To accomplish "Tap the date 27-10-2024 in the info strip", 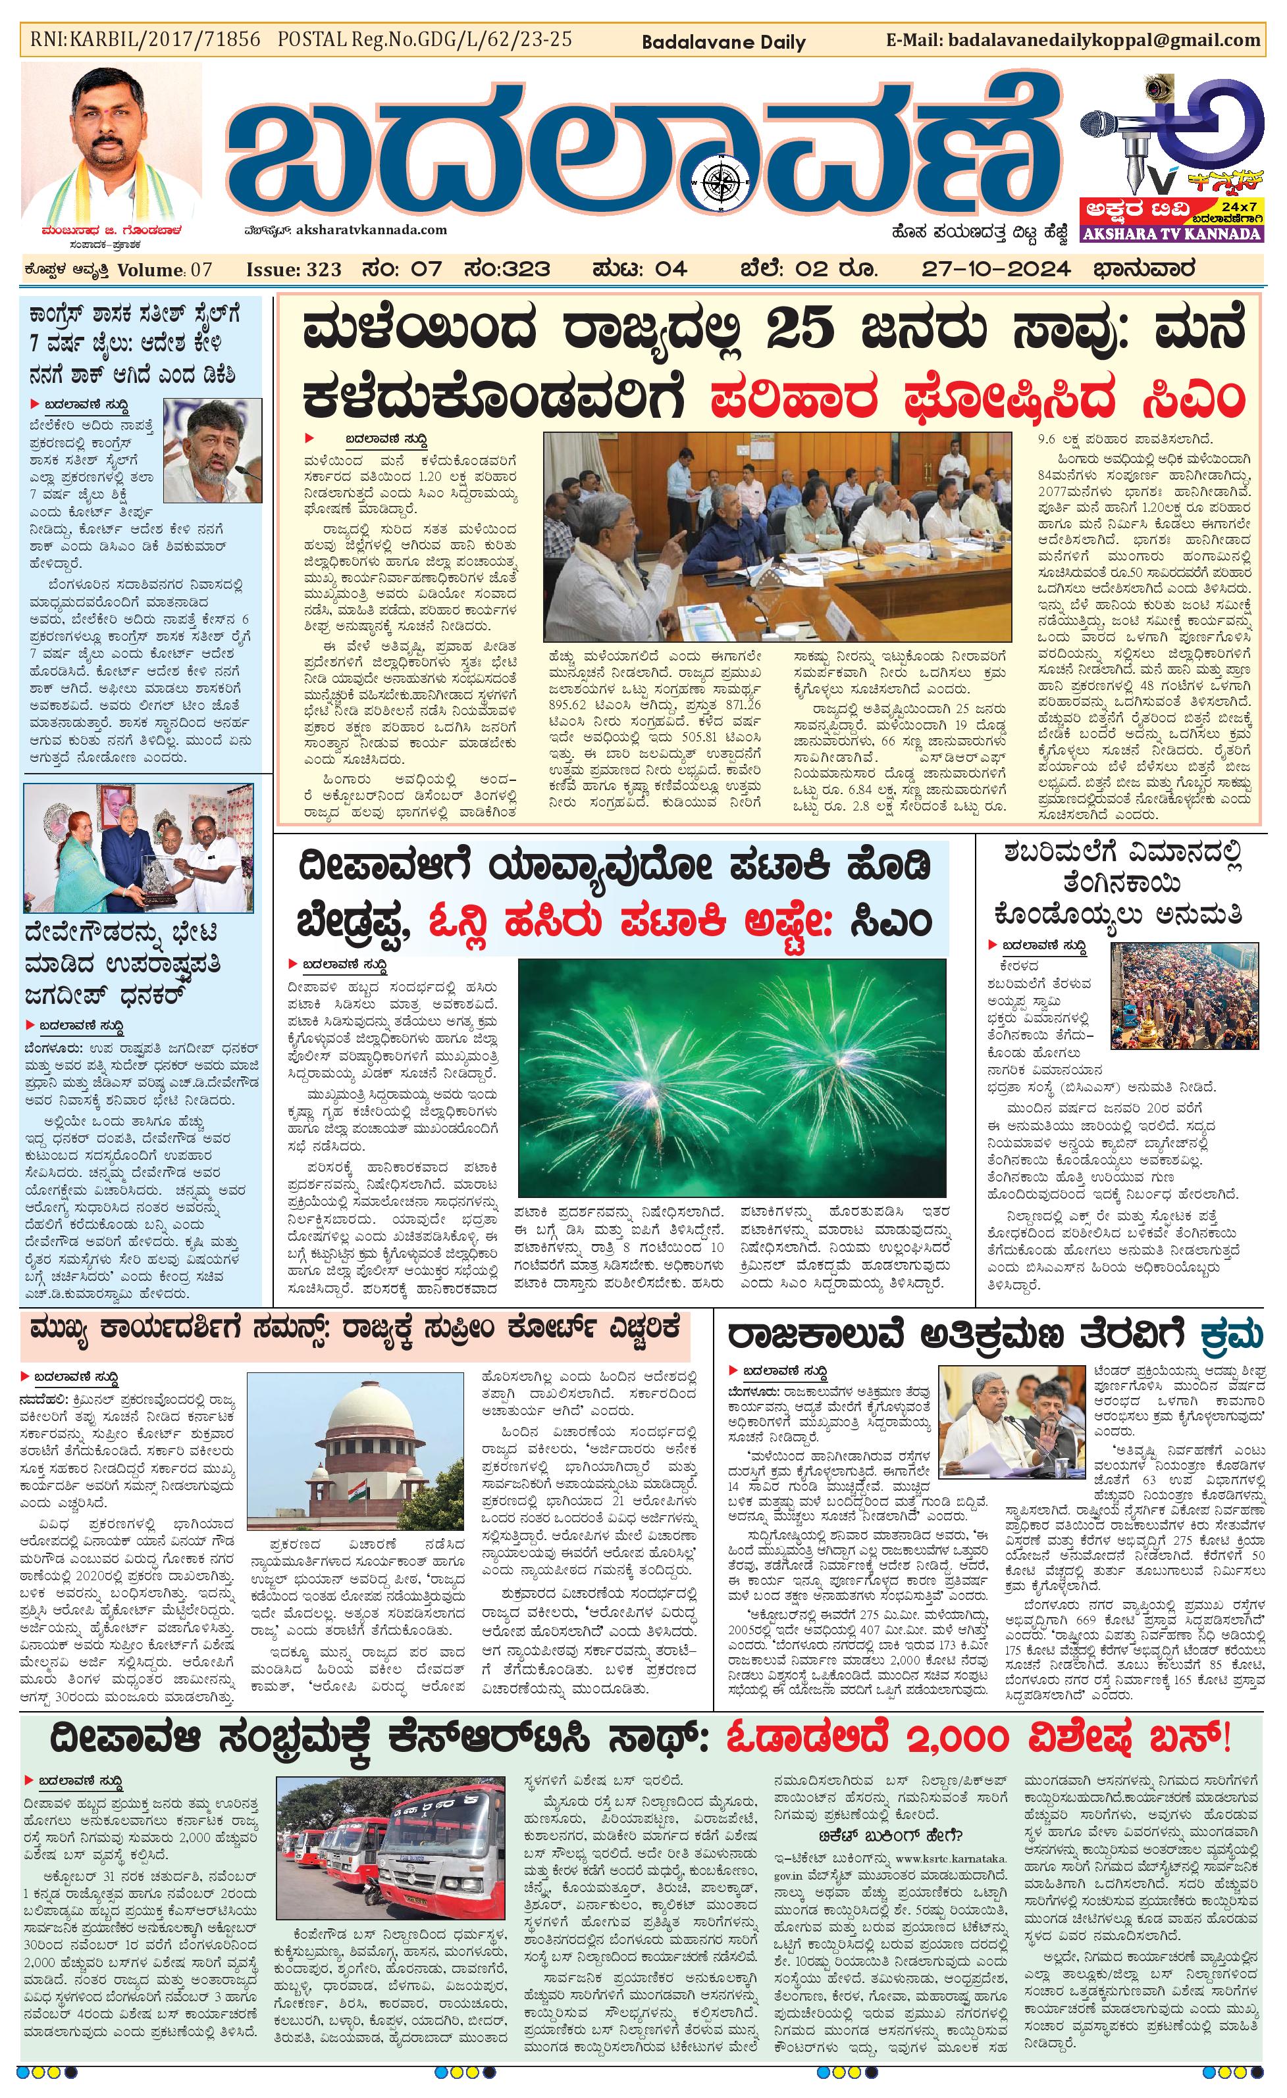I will click(996, 269).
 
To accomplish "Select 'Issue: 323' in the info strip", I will click(294, 270).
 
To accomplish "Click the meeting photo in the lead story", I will click(777, 536).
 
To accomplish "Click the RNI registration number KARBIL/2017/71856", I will click(145, 39).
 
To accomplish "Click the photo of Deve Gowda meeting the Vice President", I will click(138, 848).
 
